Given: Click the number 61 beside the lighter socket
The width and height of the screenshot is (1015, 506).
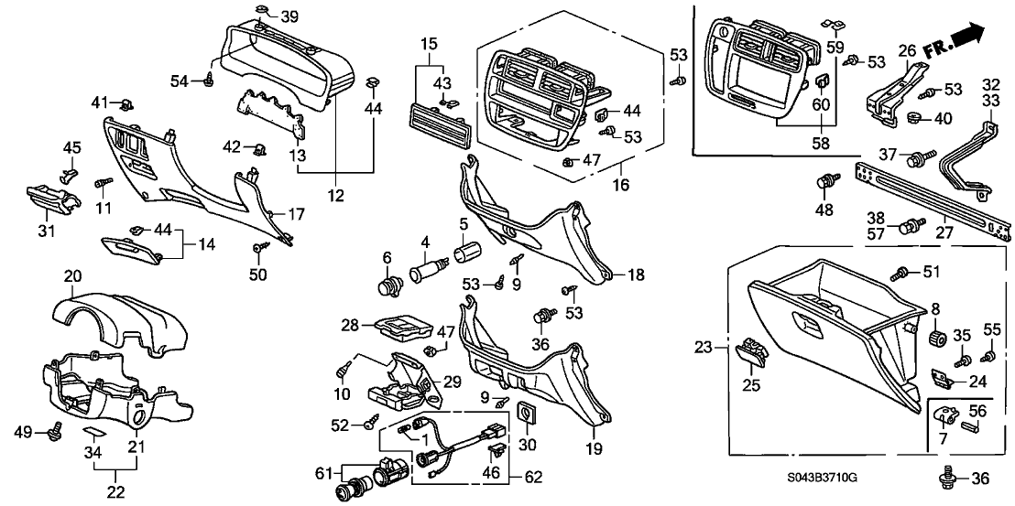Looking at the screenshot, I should tap(321, 473).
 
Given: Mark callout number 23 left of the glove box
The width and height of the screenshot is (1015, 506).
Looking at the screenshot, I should tap(703, 348).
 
